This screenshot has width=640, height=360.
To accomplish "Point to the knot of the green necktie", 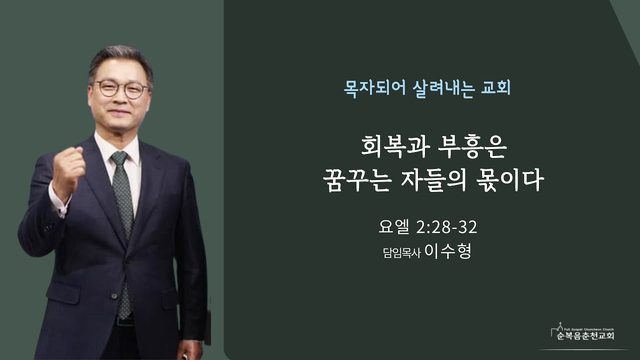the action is (120, 158).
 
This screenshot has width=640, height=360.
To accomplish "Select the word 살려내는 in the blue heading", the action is (444, 88).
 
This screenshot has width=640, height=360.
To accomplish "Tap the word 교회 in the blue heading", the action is (496, 88).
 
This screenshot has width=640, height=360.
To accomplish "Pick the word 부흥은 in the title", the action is (472, 146).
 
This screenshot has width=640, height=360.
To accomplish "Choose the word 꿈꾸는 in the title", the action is (355, 180).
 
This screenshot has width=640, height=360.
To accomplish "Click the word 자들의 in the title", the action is (433, 180).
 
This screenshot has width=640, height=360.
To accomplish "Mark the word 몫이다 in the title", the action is (510, 180).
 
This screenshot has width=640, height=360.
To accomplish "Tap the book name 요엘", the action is (394, 227).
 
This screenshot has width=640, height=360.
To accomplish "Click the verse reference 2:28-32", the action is (447, 227).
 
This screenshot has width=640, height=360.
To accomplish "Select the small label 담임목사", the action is (402, 253).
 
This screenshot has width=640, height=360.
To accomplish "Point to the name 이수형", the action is (448, 251).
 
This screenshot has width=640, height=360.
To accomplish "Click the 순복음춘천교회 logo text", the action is (586, 336).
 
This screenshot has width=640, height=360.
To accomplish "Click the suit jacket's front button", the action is (114, 296).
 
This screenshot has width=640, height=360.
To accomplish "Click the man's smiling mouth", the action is (118, 112).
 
